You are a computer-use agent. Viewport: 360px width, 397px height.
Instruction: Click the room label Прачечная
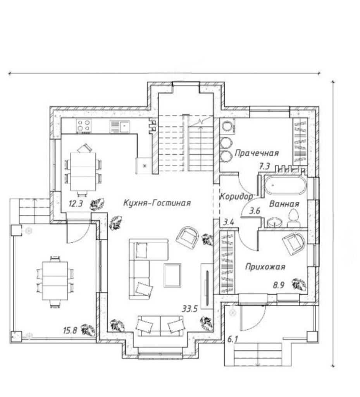pyautogui.click(x=257, y=153)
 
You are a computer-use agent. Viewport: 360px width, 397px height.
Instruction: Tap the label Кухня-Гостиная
pyautogui.click(x=157, y=203)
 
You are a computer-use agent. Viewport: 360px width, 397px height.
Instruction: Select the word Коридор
pyautogui.click(x=236, y=197)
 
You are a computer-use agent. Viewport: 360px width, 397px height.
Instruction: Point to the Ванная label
pyautogui.click(x=284, y=204)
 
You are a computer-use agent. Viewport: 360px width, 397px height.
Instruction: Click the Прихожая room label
pyautogui.click(x=265, y=267)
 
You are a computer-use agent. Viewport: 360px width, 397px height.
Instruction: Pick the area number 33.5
pyautogui.click(x=190, y=309)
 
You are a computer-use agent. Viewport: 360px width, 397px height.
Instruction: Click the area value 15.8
pyautogui.click(x=71, y=330)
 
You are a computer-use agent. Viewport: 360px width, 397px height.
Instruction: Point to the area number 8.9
pyautogui.click(x=279, y=286)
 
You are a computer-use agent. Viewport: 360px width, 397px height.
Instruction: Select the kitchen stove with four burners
pyautogui.click(x=84, y=126)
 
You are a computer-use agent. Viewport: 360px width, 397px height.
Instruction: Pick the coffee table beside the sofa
pyautogui.click(x=172, y=275)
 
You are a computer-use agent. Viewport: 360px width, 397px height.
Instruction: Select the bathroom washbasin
pyautogui.click(x=275, y=223)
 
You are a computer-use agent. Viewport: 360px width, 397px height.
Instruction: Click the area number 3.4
pyautogui.click(x=228, y=222)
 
